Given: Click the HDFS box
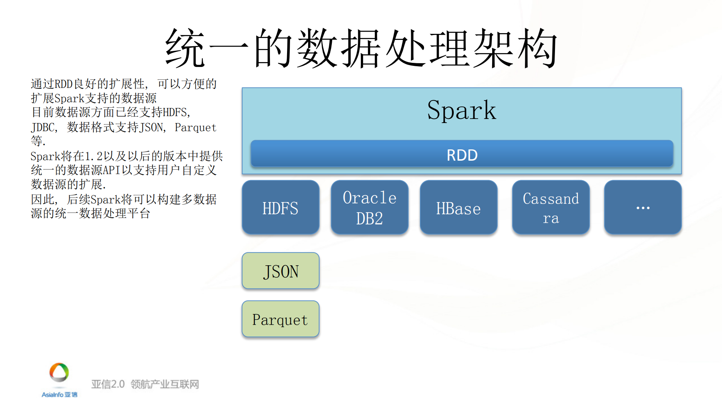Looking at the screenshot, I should [x=280, y=207].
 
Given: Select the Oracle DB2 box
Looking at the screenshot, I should [x=369, y=207].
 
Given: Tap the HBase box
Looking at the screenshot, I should [x=458, y=207].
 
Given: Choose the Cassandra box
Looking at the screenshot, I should [x=550, y=207].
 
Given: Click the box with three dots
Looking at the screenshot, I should [x=643, y=207].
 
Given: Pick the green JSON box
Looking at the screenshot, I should [x=280, y=271].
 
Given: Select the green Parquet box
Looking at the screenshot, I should [x=280, y=319].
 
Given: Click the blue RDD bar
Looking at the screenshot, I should [x=462, y=154].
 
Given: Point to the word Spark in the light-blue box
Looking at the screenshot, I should [x=462, y=110].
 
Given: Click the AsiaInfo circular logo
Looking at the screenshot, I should [x=59, y=373].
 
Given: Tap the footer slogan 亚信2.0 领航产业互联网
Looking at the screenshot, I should [x=145, y=384].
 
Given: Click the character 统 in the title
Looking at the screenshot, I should [x=185, y=48].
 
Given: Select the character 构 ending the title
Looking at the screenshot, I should [x=537, y=48].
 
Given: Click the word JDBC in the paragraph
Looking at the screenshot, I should [x=43, y=127].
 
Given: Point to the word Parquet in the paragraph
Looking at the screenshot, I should [x=195, y=127].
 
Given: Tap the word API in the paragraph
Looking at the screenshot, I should [x=111, y=170].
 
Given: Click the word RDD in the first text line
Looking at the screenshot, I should [x=63, y=84].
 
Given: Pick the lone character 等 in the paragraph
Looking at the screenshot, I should [x=36, y=141].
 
